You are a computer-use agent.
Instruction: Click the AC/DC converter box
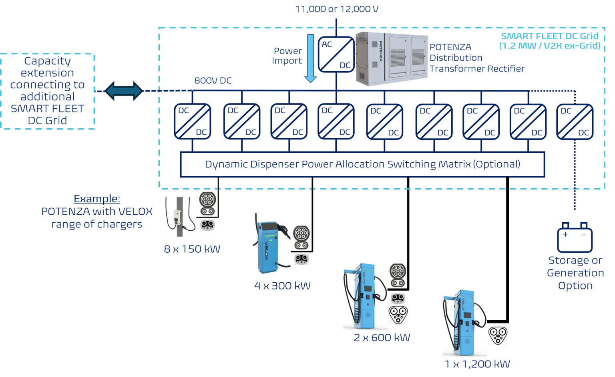click(x=336, y=54)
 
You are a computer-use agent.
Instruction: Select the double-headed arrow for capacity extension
click(x=123, y=91)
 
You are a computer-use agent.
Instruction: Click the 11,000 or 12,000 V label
click(x=336, y=9)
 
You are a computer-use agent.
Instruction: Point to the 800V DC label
click(x=213, y=80)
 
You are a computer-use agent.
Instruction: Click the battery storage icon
click(x=575, y=238)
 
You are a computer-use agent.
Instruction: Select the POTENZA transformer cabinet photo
click(x=392, y=59)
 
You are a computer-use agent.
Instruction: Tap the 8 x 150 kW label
click(x=192, y=249)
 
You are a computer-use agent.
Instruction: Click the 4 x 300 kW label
click(x=282, y=285)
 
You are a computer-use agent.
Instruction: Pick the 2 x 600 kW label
click(x=382, y=337)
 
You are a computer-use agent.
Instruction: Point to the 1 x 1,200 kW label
click(x=477, y=364)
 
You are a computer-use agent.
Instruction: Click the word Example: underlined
click(x=97, y=199)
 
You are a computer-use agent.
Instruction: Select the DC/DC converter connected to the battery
click(x=575, y=121)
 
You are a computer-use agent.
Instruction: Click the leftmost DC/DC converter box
click(x=192, y=121)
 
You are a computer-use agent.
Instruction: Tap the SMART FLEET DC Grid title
click(x=550, y=36)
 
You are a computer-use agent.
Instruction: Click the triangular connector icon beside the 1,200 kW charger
click(x=498, y=335)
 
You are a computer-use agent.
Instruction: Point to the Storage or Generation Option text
click(x=575, y=273)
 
